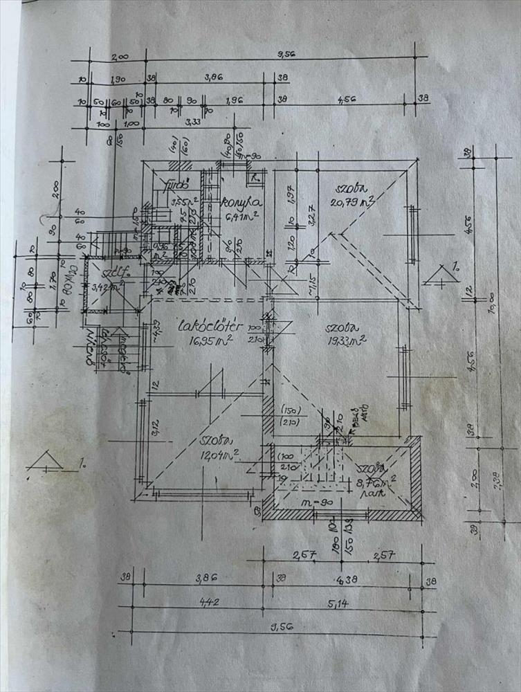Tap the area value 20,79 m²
pyautogui.click(x=352, y=202)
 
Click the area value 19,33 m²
pyautogui.click(x=347, y=340)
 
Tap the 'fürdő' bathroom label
pyautogui.click(x=172, y=185)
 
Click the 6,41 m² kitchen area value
pyautogui.click(x=242, y=217)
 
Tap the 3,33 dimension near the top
pyautogui.click(x=194, y=123)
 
